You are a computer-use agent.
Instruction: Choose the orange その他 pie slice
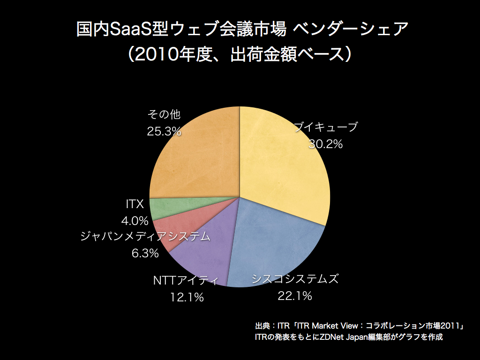[x=197, y=155]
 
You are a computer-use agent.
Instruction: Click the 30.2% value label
[x=325, y=144]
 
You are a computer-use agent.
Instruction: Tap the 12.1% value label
[x=186, y=297]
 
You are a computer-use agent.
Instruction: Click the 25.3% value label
[x=164, y=132]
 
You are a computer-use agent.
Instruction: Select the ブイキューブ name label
[x=325, y=127]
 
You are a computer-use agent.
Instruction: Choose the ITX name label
[x=134, y=204]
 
